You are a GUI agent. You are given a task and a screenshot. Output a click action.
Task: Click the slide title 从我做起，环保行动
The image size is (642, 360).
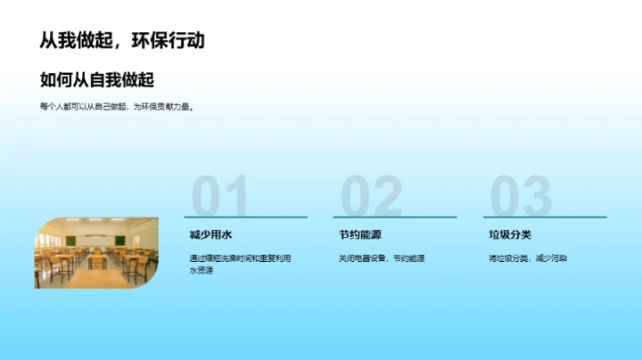point(122,41)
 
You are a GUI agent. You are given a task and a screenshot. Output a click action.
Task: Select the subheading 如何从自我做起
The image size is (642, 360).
point(97,80)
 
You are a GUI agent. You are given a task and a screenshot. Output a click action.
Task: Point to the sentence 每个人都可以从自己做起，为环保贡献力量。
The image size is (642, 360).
point(117,107)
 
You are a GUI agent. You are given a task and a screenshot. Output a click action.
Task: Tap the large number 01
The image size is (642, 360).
point(220,196)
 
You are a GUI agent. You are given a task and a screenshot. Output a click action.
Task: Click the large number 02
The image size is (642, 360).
point(371,196)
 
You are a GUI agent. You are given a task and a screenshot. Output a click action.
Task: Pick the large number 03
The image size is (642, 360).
point(521,196)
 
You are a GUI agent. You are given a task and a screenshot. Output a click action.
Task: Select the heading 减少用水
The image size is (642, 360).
point(210,235)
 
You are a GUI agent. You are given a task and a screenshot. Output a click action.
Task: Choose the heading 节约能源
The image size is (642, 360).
point(359,235)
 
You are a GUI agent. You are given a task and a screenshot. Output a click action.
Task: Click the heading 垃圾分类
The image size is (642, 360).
point(509,235)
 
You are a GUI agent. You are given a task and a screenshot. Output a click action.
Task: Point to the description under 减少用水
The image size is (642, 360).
point(239,264)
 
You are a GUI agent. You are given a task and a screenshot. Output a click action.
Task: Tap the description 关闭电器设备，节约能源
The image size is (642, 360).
point(381,258)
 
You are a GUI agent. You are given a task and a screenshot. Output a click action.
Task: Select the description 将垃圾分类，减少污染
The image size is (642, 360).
point(528,258)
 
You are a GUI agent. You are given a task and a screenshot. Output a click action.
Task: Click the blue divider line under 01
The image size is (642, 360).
point(245,217)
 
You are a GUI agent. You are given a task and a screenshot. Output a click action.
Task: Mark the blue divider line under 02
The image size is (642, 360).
point(394,217)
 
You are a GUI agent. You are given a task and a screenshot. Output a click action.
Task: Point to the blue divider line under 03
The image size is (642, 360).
point(544,217)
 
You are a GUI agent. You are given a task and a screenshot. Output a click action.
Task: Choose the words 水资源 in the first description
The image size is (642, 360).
point(202,270)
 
